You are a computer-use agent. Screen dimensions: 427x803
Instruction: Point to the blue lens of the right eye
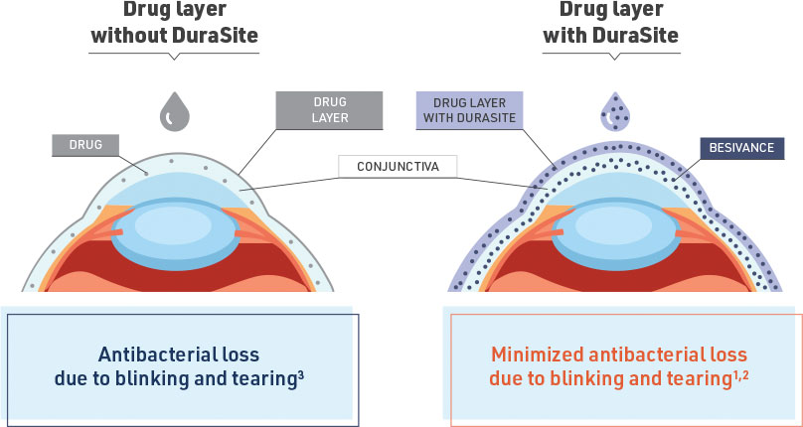pyautogui.click(x=618, y=227)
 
